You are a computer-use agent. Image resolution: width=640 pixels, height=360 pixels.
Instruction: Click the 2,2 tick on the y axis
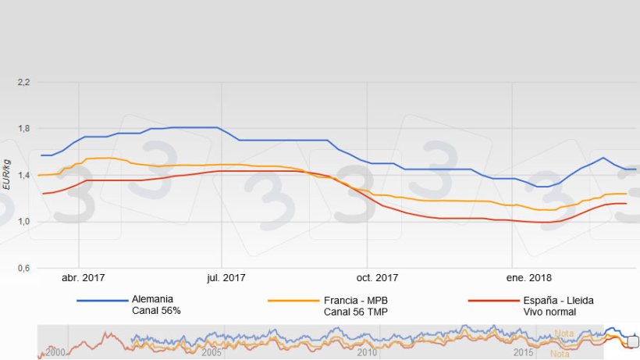[x=23, y=82]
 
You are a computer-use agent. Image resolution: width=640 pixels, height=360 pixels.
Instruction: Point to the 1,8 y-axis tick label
[x=23, y=129]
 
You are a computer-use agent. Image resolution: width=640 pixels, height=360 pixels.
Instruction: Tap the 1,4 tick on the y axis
[x=23, y=175]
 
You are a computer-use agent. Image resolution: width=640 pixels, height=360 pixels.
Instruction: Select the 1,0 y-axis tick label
[x=23, y=222]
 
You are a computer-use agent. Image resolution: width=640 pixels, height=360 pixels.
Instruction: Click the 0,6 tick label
[x=23, y=269]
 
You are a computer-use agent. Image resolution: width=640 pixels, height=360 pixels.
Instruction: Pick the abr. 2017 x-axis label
[x=84, y=277]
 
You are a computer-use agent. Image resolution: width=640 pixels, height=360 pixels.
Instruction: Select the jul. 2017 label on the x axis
[x=222, y=277]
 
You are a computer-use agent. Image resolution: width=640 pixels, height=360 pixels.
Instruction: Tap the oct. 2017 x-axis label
[x=376, y=277]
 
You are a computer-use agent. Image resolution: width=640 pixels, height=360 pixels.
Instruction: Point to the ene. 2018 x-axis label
[x=528, y=277]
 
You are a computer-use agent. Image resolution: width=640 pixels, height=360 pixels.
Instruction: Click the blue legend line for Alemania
[x=102, y=300]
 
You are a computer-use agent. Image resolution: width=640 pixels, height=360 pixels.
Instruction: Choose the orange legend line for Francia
[x=293, y=300]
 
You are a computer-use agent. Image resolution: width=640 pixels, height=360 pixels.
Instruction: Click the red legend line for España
[x=492, y=300]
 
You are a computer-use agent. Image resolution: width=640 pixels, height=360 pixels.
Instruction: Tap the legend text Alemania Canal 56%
[x=157, y=305]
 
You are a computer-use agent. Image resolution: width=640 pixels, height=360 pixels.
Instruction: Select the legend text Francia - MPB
[x=355, y=299]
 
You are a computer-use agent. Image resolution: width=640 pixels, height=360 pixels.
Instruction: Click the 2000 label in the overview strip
[x=55, y=352]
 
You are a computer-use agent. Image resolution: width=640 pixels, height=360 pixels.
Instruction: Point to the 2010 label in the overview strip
[x=368, y=352]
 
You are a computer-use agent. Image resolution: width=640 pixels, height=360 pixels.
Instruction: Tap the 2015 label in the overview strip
[x=524, y=352]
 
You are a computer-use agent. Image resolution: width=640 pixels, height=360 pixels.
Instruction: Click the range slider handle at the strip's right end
[x=633, y=341]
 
